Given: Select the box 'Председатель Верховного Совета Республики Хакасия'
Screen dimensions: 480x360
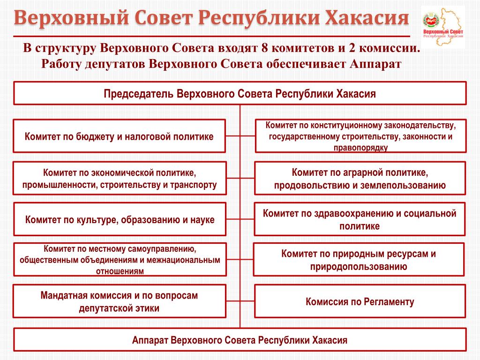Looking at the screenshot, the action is [240, 93].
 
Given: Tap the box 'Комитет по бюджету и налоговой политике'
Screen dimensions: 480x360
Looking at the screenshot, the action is [119, 136].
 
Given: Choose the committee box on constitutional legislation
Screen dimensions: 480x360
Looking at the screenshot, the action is [360, 136].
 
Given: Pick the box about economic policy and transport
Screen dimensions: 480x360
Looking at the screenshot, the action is [120, 178].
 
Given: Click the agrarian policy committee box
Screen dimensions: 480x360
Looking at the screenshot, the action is [360, 179].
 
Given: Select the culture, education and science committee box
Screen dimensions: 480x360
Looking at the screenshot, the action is [120, 219].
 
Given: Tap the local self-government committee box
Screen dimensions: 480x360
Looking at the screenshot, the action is [120, 260].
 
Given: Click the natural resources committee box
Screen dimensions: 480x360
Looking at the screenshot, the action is [359, 260].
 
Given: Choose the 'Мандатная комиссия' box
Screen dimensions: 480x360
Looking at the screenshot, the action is [119, 301].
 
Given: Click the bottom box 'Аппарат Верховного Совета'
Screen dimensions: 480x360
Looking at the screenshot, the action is [240, 340].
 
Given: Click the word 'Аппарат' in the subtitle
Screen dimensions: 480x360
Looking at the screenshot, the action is [375, 64].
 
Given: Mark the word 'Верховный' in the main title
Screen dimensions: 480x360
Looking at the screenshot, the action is [71, 18].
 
